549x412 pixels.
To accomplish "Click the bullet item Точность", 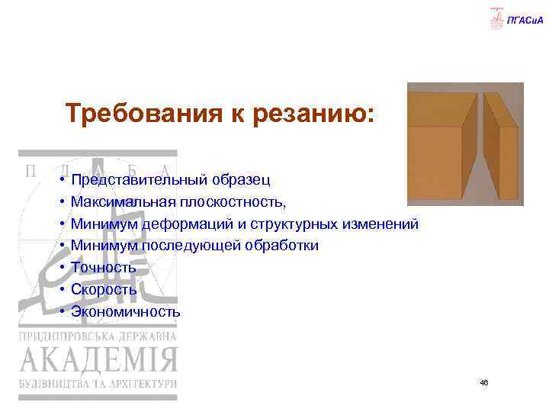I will (104, 268).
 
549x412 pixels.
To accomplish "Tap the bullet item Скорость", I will (104, 290).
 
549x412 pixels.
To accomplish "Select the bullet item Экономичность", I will (126, 311).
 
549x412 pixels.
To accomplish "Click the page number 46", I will (483, 381).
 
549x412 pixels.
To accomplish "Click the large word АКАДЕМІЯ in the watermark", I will (98, 359).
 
